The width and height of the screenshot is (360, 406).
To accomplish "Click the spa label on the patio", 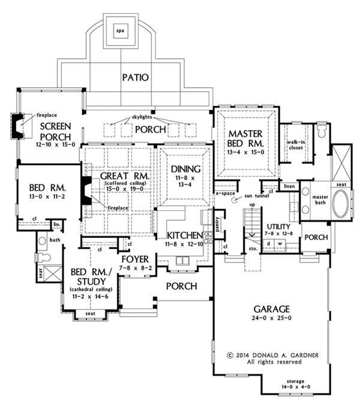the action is [x=120, y=31].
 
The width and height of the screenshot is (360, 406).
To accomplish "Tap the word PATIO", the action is [x=135, y=77].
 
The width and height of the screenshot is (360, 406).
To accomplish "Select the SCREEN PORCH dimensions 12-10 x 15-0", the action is [x=55, y=144].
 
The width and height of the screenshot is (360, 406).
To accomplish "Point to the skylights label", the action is [x=142, y=117].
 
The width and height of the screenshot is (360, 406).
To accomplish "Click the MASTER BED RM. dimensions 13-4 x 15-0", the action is [x=245, y=153].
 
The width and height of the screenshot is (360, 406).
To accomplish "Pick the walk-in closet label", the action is [x=296, y=145].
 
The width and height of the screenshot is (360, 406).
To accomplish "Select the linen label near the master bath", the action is [x=289, y=186].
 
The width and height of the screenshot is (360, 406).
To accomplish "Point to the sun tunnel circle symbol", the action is [x=235, y=200].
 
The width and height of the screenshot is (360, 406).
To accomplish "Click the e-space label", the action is [x=225, y=193].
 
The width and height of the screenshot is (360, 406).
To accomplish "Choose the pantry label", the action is [x=217, y=224].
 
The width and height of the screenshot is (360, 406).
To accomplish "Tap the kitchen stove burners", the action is [x=208, y=237].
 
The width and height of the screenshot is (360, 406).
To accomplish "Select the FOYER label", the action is [x=135, y=259].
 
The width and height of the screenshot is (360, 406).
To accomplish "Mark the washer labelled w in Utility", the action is [x=280, y=244].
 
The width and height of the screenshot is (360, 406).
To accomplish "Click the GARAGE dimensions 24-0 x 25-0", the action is [x=272, y=318].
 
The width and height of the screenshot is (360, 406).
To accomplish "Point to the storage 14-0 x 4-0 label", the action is [x=296, y=384].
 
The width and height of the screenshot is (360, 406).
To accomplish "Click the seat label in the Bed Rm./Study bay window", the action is [x=90, y=314].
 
